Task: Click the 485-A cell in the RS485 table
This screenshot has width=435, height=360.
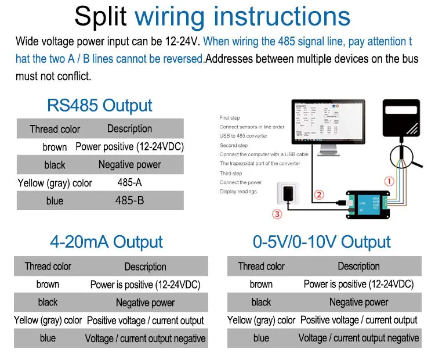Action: pyautogui.click(x=129, y=183)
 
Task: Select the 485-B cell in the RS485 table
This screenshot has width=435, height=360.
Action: pyautogui.click(x=129, y=201)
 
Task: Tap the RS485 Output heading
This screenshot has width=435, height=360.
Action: pyautogui.click(x=100, y=106)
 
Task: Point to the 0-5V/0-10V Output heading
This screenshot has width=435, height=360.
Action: pyautogui.click(x=322, y=242)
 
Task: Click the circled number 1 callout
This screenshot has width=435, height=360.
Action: pyautogui.click(x=389, y=181)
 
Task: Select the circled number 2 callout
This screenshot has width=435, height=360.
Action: pyautogui.click(x=319, y=195)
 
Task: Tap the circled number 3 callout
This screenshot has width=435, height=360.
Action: pyautogui.click(x=278, y=214)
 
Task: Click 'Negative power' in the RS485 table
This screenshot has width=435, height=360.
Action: pyautogui.click(x=129, y=165)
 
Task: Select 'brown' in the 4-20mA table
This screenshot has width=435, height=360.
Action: pyautogui.click(x=48, y=285)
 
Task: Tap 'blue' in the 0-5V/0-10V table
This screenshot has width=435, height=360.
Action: pyautogui.click(x=261, y=338)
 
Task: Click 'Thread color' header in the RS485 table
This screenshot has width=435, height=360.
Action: pyautogui.click(x=55, y=129)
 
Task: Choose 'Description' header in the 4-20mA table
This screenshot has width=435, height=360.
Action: pyautogui.click(x=145, y=267)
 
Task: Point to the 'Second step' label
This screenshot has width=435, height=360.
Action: pyautogui.click(x=234, y=145)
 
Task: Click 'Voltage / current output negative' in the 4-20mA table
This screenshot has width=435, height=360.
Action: pyautogui.click(x=145, y=339)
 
